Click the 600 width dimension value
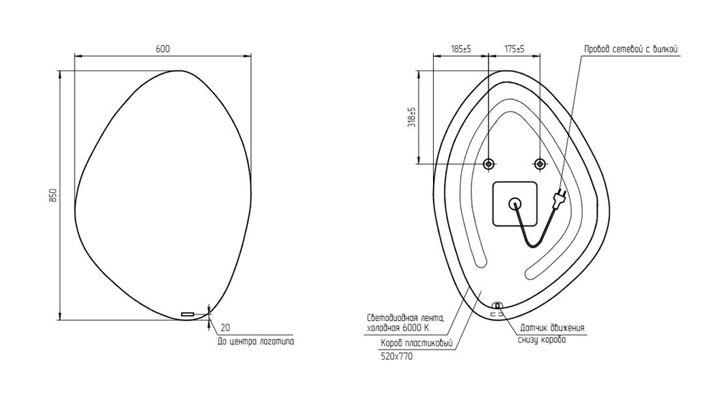pos(162,49)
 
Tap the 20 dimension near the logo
pos(225,328)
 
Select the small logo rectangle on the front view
pos(187,314)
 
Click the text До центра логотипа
pos(256,342)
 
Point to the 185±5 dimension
pos(461,49)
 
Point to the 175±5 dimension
pos(514,49)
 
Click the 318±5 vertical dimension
pos(411,117)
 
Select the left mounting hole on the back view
pos(488,164)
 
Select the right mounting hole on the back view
pos(540,164)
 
